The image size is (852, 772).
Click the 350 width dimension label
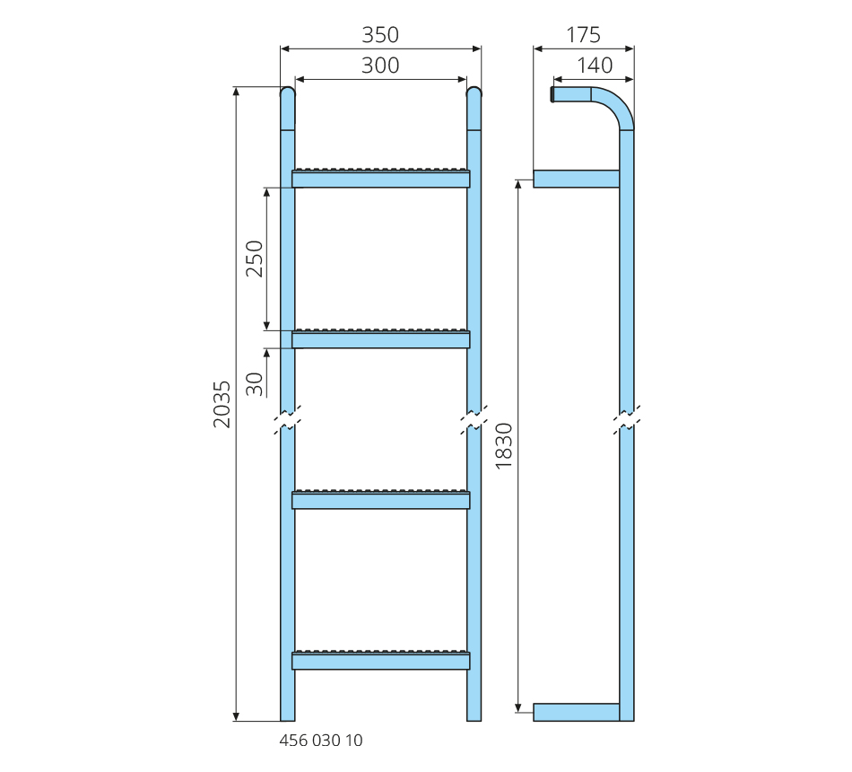380,35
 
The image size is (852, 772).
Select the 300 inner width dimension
380,66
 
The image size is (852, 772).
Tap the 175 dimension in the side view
583,35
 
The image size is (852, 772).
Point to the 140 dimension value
595,66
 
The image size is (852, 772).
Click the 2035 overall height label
222,404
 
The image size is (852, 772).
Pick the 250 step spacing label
255,259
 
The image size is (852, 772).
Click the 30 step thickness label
255,384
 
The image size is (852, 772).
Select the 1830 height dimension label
504,445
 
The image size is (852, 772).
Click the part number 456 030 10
320,741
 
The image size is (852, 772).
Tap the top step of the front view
381,178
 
